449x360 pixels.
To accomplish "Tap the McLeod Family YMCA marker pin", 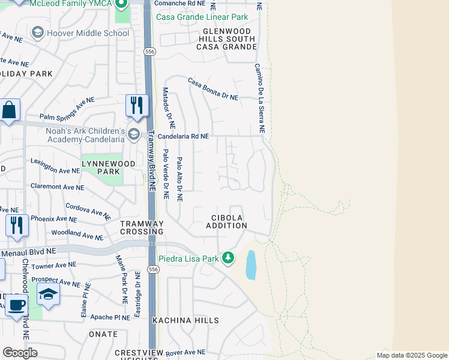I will [x=122, y=6].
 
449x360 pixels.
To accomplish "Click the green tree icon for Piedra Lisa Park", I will [x=228, y=258].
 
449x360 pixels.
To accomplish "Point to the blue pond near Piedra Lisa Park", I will [x=251, y=265].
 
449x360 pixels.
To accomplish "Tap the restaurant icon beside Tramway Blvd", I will [x=137, y=106].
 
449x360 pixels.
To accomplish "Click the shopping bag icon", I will [x=9, y=110].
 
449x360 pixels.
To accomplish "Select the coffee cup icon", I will [x=16, y=304].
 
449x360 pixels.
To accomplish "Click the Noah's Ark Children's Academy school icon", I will [x=133, y=134].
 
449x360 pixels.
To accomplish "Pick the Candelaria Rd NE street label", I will [x=183, y=136].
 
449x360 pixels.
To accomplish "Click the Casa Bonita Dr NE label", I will [x=212, y=89].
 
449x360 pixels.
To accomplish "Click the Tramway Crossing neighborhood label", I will [x=142, y=227].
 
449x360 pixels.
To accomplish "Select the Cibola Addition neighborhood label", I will [x=226, y=221].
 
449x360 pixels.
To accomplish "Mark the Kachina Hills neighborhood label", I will [x=185, y=320].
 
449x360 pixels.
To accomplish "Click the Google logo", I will [x=19, y=353].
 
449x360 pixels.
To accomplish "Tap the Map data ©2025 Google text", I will [x=411, y=355].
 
